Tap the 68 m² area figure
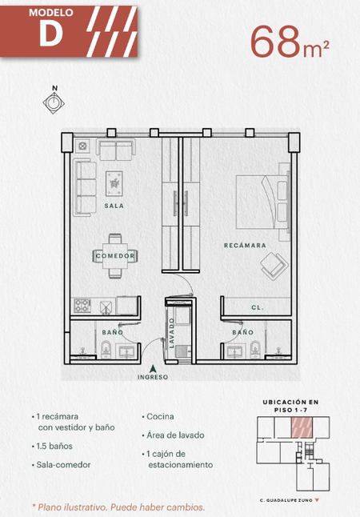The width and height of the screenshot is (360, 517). (290, 42)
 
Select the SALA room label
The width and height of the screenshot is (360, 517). (114, 206)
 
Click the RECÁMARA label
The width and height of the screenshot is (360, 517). (245, 246)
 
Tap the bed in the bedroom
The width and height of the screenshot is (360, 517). (262, 202)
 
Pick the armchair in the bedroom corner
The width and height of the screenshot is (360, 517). (274, 266)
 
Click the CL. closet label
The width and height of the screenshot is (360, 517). (258, 307)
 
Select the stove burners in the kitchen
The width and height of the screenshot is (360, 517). (82, 306)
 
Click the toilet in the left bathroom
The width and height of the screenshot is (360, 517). (106, 350)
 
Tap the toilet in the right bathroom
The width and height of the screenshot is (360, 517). (255, 349)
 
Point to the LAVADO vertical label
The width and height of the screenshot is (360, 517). (171, 333)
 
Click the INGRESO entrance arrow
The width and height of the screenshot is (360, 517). (152, 369)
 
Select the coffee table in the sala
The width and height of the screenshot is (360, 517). (114, 183)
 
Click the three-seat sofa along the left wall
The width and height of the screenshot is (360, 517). (85, 187)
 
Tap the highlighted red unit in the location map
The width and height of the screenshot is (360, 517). (302, 427)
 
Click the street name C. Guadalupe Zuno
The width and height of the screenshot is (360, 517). (286, 500)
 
